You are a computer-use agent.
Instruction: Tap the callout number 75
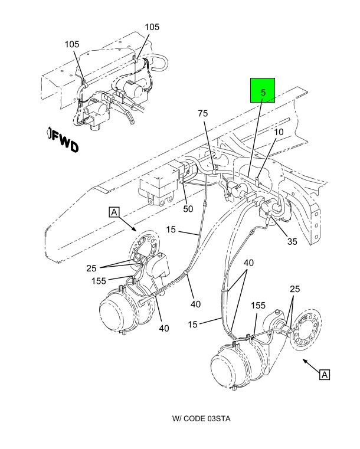click(x=203, y=113)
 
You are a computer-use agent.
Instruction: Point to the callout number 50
click(x=188, y=209)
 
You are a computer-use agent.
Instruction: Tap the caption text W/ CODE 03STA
click(x=201, y=418)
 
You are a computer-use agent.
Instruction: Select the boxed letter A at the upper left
click(x=114, y=211)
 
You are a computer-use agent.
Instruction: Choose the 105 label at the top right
click(x=152, y=27)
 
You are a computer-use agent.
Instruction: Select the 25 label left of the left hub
click(x=91, y=268)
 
